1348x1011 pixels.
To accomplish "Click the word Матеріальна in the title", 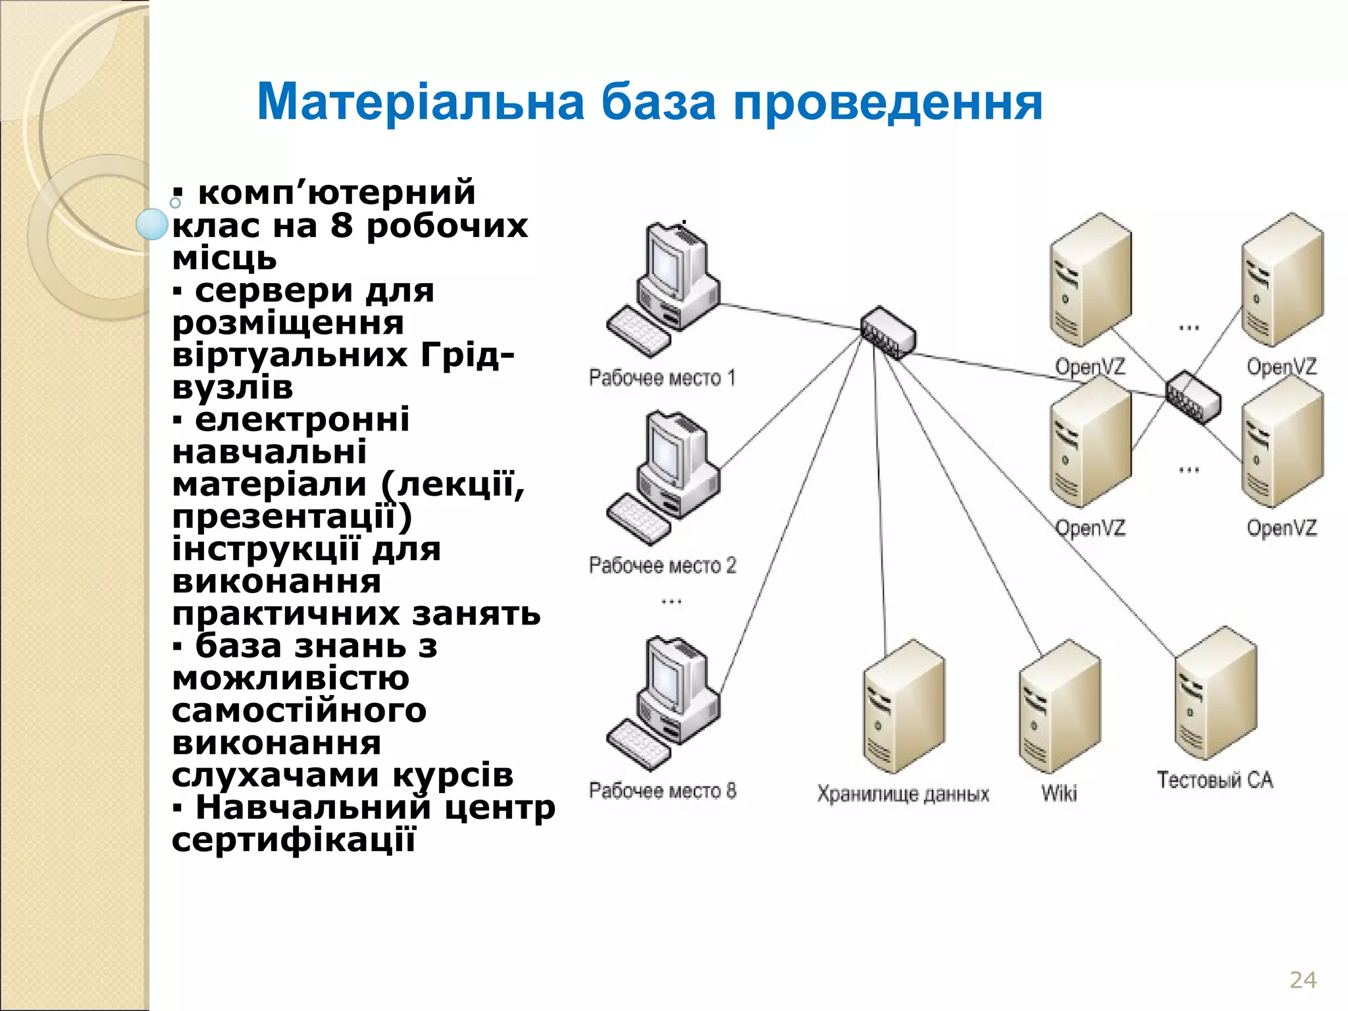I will [420, 102].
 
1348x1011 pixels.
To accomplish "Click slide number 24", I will [1303, 979].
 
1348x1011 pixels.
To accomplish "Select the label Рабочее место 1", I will [661, 378].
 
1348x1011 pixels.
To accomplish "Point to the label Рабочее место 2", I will [662, 565].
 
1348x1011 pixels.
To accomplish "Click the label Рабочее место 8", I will [662, 791].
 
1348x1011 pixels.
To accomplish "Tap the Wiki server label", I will [1059, 793].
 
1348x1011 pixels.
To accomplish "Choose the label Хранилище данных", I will [903, 794].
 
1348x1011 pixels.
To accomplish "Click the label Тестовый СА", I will [1215, 780].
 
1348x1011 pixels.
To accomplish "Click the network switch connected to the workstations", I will [888, 333].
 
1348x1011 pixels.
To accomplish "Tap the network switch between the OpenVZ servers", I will [1193, 397].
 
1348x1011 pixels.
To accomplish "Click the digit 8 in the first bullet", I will [341, 226].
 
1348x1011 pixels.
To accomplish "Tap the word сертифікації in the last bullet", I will [294, 840].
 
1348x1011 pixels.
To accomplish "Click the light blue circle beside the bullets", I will [152, 224].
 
